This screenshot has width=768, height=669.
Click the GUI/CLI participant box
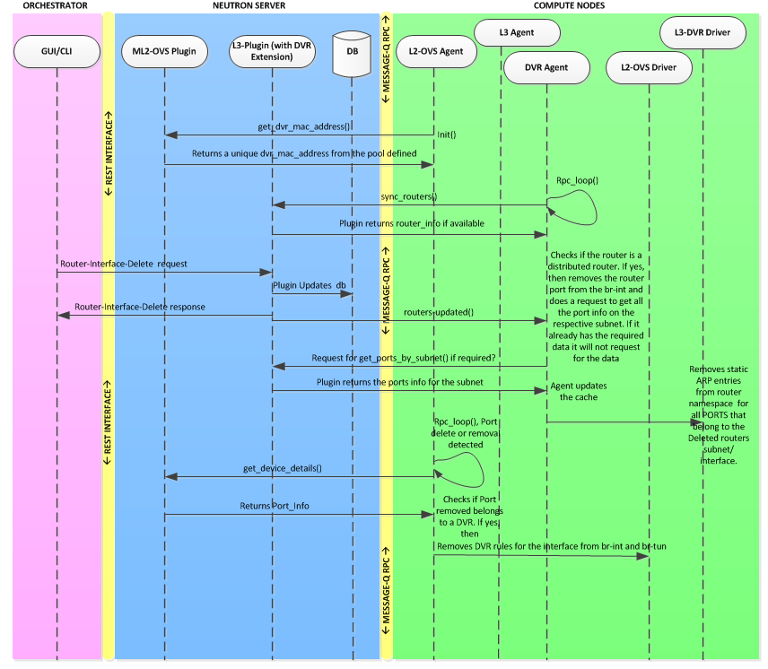(x=56, y=51)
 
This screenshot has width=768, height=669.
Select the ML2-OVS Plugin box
(x=164, y=51)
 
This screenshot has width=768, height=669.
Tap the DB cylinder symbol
(x=352, y=56)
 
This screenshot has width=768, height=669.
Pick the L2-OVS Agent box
(x=432, y=51)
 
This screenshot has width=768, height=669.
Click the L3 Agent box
(x=517, y=33)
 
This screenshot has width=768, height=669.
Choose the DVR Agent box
(x=546, y=65)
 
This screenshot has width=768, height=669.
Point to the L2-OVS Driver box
(x=648, y=65)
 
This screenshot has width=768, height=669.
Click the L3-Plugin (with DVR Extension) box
(x=271, y=51)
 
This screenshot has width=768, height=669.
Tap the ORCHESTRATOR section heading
(x=55, y=6)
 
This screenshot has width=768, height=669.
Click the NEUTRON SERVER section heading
(x=249, y=6)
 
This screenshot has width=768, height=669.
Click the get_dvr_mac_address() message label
(x=310, y=127)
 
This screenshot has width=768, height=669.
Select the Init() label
(x=447, y=135)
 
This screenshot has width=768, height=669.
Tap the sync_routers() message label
(x=408, y=196)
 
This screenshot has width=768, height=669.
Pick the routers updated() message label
(x=439, y=312)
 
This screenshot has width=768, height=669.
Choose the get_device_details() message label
(x=283, y=468)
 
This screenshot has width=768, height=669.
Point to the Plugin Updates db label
(x=310, y=285)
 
